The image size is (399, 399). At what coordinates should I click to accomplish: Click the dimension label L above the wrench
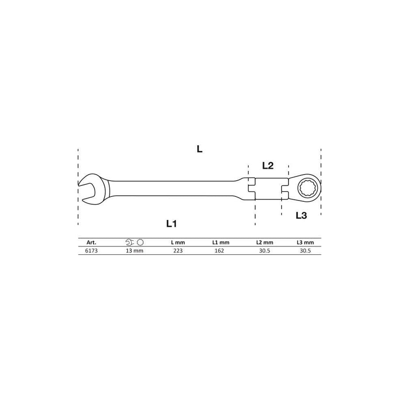(199, 149)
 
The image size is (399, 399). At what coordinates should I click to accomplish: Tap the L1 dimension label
(171, 224)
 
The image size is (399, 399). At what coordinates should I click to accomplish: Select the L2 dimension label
(268, 166)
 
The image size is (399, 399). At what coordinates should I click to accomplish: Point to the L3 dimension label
(301, 215)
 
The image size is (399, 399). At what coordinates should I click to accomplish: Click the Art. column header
(91, 243)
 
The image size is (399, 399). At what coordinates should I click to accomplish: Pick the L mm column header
(178, 243)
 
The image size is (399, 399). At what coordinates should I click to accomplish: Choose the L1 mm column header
(221, 243)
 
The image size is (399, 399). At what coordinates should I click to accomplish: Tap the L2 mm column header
(264, 243)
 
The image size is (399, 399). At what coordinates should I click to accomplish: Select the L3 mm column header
(305, 243)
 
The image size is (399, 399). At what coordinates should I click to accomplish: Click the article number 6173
(91, 250)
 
